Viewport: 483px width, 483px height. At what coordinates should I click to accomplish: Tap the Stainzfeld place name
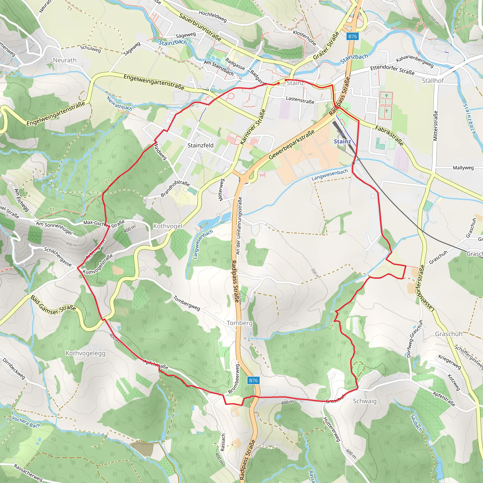point(200,145)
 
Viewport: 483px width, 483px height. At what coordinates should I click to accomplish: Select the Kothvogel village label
point(167,226)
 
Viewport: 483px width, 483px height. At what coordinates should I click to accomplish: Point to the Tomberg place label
point(240,323)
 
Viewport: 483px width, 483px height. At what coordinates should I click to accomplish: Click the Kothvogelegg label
point(86,353)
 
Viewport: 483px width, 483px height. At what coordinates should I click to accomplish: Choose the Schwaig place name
point(365,401)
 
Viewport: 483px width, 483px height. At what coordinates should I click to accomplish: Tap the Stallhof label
point(433,80)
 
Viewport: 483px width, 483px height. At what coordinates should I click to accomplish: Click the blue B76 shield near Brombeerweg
point(253,380)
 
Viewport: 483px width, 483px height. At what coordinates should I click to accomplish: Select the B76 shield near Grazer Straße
point(353,36)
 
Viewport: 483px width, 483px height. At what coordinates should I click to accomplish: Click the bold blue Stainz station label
point(342,142)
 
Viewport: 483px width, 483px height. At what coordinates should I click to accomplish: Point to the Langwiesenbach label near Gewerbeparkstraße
point(329,175)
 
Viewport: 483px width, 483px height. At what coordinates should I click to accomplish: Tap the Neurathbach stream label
point(119,103)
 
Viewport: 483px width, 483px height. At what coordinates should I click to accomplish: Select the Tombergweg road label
point(187,303)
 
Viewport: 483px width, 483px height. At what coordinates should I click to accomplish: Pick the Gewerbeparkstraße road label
point(291,145)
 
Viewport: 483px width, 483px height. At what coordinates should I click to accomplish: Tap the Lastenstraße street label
point(300,100)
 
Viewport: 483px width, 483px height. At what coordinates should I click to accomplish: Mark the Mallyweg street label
point(463,168)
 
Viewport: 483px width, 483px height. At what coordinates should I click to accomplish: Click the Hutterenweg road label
point(332,429)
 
